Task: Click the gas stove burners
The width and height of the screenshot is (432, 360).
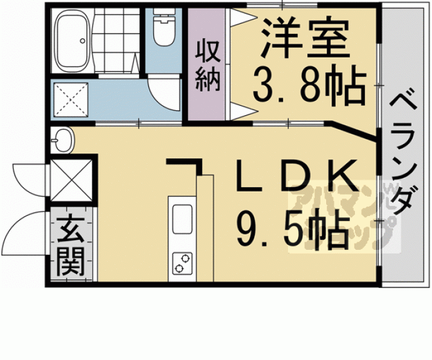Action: click(182, 263)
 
